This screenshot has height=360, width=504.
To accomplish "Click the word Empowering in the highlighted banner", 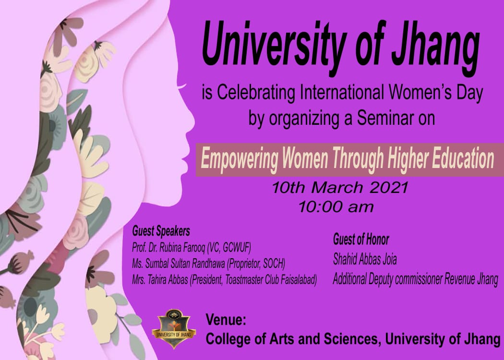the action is pos(239,159).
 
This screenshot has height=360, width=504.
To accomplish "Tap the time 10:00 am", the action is pos(336,207).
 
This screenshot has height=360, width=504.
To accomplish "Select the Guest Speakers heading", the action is pos(161,231).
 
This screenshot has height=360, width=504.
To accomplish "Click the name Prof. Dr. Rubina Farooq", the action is pos(169,248).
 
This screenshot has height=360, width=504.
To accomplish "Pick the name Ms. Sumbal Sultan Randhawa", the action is pos(179,264).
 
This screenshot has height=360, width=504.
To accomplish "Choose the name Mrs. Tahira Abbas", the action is pos(160,280).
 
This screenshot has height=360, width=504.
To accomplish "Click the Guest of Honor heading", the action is pos(361,240).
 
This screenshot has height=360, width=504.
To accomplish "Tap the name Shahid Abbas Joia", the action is pos(365,259).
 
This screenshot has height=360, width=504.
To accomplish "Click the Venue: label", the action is pos(226,320).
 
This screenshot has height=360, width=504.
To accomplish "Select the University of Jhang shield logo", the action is pos(174,328).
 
